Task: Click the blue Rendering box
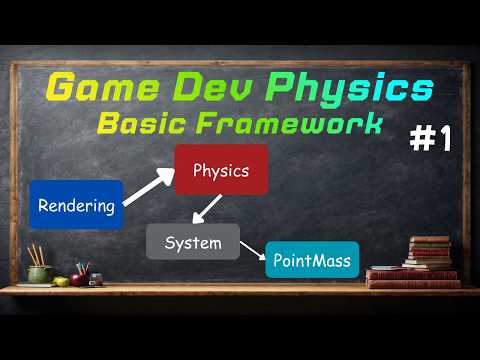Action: [x=76, y=205]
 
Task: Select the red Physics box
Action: [x=221, y=170]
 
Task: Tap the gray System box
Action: [x=193, y=242]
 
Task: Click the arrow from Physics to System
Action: [x=207, y=209]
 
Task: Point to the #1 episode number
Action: [x=430, y=140]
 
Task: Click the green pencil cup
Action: [x=39, y=272]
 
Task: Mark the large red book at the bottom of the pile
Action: [x=413, y=281]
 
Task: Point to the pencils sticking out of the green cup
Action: [x=36, y=254]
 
